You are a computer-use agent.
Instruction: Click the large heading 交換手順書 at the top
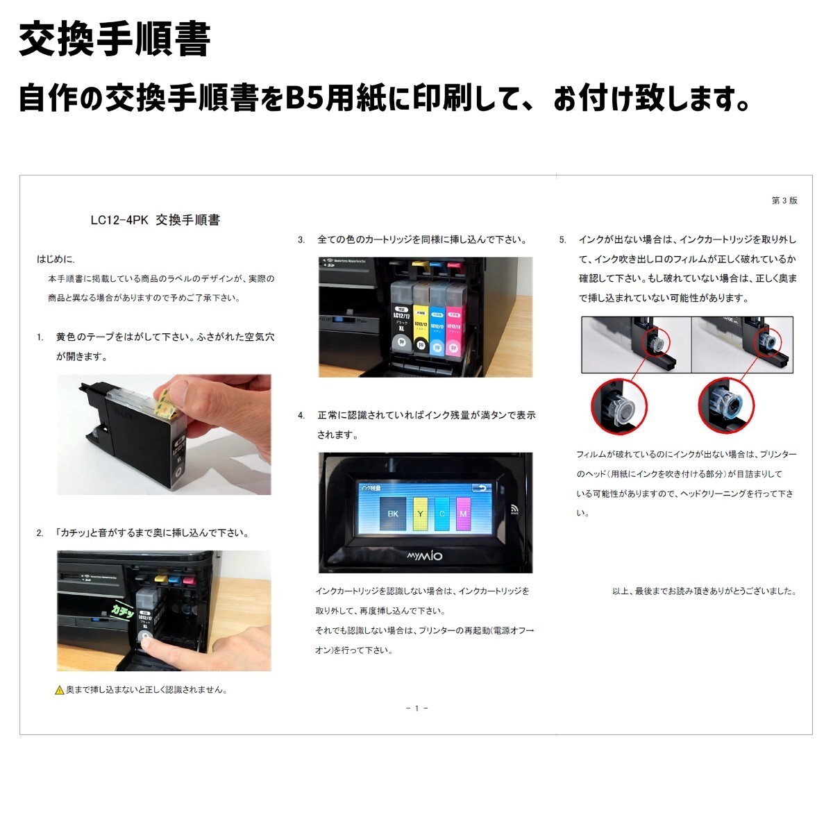(115, 40)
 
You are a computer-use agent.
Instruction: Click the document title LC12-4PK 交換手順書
(155, 220)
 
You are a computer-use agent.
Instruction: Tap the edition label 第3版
(784, 201)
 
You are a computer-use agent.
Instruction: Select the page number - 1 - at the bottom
(416, 708)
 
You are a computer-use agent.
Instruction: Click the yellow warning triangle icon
(60, 691)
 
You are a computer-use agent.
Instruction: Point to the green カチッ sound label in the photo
(123, 610)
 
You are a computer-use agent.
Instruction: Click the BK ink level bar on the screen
(393, 513)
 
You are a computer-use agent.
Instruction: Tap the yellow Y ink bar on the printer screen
(420, 513)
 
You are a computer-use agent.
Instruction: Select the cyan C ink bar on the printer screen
(441, 513)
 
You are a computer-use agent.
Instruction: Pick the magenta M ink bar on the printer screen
(463, 513)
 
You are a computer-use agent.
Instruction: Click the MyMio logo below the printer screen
(425, 556)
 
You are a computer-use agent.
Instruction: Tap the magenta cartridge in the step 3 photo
(454, 319)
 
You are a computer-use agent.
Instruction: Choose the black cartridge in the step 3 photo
(401, 319)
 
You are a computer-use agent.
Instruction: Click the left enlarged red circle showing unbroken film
(619, 407)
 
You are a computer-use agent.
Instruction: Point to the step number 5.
(563, 240)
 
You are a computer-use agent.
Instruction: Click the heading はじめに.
(56, 260)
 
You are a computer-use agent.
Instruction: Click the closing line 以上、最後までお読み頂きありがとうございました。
(704, 591)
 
